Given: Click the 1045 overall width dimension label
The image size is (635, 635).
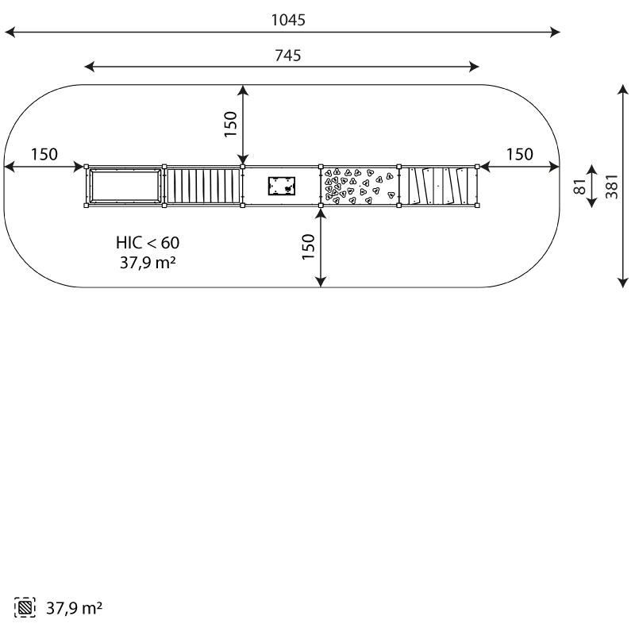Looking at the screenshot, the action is coord(288,20).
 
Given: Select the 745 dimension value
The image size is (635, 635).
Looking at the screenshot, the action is coord(288,56).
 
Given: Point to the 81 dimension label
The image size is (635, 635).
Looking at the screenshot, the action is coord(580,187).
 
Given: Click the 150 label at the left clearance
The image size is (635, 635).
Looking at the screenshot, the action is coord(44,154).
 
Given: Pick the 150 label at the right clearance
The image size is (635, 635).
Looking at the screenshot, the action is coord(520,154).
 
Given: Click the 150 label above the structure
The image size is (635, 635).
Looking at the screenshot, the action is coord(230,124).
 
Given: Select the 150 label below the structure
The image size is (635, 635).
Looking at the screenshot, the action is coord(308,247).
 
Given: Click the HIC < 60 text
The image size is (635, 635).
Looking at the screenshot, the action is coord(148,243).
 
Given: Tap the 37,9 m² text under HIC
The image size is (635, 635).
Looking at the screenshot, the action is coord(148,263).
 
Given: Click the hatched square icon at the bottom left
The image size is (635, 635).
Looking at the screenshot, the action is coord(25,607).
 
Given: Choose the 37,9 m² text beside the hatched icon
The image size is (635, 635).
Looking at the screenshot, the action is coord(74,608).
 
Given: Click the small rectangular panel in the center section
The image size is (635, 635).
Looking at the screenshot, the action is coord(282,186).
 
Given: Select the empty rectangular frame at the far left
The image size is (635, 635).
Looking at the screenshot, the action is coord(125,186).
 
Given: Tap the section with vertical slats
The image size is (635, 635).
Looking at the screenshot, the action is coord(203,186).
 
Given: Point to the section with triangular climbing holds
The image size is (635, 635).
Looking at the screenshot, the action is coord(360,186).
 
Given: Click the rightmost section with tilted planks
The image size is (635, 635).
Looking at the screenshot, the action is coord(438,186).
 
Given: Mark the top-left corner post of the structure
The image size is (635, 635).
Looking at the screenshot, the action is coord(86,167).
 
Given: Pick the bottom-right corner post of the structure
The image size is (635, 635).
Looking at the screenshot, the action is coord(477,206).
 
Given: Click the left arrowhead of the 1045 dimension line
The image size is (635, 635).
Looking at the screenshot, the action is coord(10,32).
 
